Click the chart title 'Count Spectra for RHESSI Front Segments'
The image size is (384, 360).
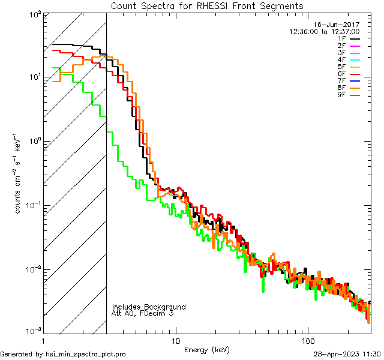click(x=207, y=5)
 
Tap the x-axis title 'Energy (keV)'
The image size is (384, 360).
click(x=207, y=349)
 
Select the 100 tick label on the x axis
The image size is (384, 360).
click(x=308, y=340)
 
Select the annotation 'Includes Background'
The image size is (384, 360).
click(x=149, y=307)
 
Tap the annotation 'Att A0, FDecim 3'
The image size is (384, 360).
click(x=143, y=313)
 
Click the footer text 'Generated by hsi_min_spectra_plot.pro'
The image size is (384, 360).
click(x=63, y=354)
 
